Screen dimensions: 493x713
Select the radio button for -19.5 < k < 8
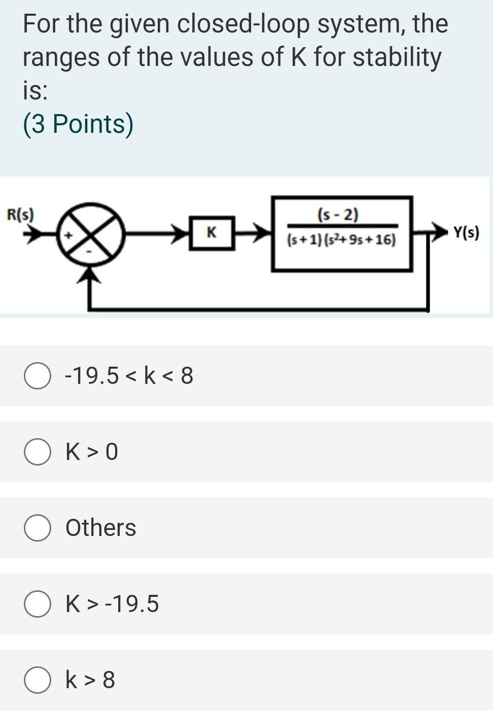pyautogui.click(x=37, y=376)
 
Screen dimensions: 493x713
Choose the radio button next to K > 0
pyautogui.click(x=37, y=452)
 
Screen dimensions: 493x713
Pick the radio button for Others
pyautogui.click(x=37, y=528)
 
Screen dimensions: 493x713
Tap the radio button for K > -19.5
pyautogui.click(x=37, y=604)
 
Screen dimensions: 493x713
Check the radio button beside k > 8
pyautogui.click(x=37, y=680)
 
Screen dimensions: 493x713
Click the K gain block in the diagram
pyautogui.click(x=212, y=233)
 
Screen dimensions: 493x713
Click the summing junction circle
pyautogui.click(x=91, y=234)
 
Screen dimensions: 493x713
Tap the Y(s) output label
pyautogui.click(x=466, y=233)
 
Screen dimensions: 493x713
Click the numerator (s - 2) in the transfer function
pyautogui.click(x=338, y=215)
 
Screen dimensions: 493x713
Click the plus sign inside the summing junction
pyautogui.click(x=70, y=234)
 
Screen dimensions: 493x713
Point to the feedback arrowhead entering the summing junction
pyautogui.click(x=91, y=274)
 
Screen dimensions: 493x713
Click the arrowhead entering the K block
pyautogui.click(x=181, y=233)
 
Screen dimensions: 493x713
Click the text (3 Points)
pyautogui.click(x=78, y=124)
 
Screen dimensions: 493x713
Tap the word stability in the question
pyautogui.click(x=397, y=57)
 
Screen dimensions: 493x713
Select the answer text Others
pyautogui.click(x=100, y=528)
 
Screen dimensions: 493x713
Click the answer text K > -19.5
pyautogui.click(x=112, y=604)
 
